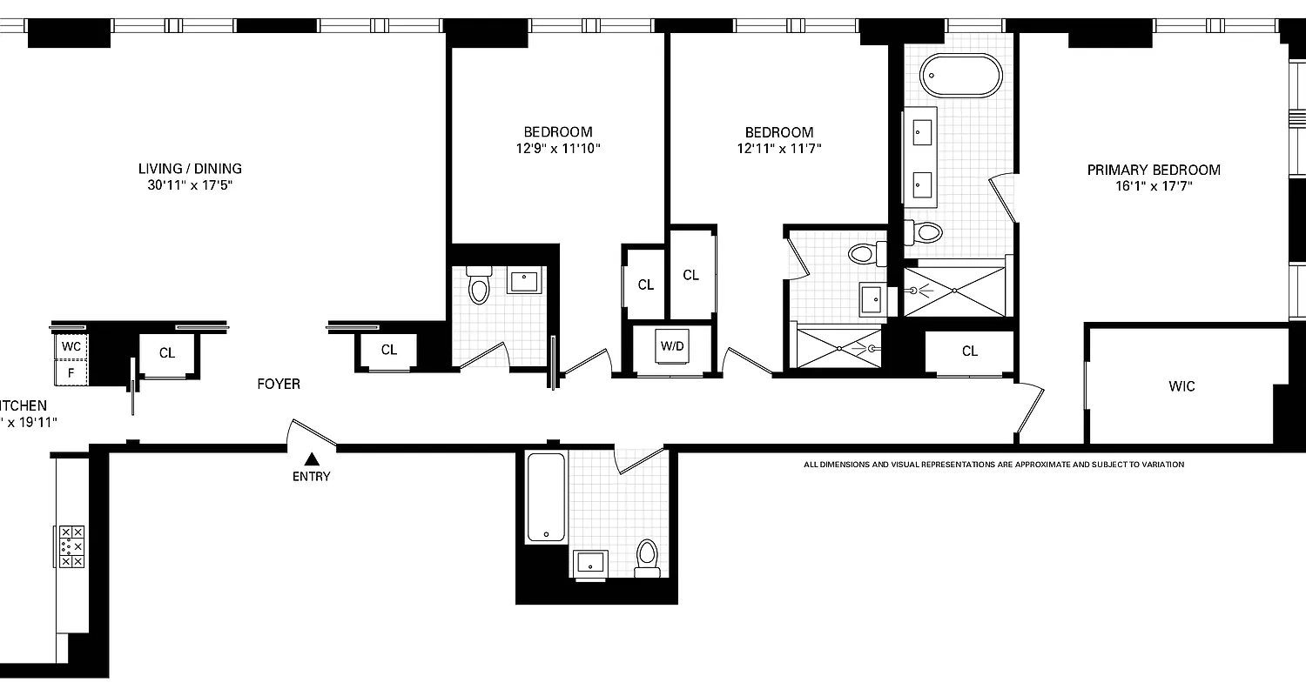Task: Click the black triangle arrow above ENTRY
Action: pyautogui.click(x=312, y=458)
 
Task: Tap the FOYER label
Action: pyautogui.click(x=279, y=384)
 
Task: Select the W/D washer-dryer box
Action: pyautogui.click(x=671, y=346)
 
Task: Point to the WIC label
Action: pyautogui.click(x=1181, y=385)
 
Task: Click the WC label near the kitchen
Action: pyautogui.click(x=71, y=345)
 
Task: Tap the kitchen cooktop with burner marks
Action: pyautogui.click(x=71, y=546)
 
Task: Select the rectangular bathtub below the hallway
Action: pyautogui.click(x=546, y=499)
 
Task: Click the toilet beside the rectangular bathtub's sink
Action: pyautogui.click(x=647, y=557)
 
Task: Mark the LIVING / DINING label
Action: pyautogui.click(x=190, y=169)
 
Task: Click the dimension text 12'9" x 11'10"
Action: pyautogui.click(x=558, y=149)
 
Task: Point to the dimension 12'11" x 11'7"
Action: pyautogui.click(x=779, y=149)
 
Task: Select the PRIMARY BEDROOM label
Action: pyautogui.click(x=1154, y=170)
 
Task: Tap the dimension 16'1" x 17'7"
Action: pyautogui.click(x=1154, y=186)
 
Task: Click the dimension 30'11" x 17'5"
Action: pyautogui.click(x=190, y=185)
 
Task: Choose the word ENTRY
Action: pyautogui.click(x=311, y=476)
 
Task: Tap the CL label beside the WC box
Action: pyautogui.click(x=167, y=353)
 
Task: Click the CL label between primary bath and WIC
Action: pyautogui.click(x=970, y=351)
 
